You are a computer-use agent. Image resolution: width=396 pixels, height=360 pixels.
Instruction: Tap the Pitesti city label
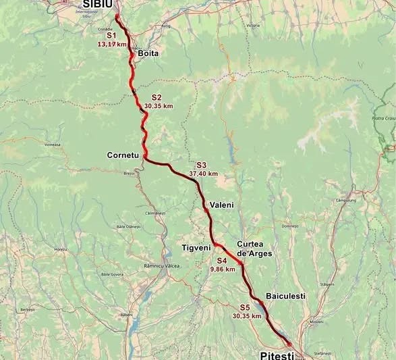[x=277, y=354]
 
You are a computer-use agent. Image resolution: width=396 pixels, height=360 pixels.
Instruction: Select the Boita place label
[x=148, y=53]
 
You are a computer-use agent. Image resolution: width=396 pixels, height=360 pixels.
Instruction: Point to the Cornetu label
[x=123, y=155]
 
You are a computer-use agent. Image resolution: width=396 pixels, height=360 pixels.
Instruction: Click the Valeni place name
[x=222, y=204]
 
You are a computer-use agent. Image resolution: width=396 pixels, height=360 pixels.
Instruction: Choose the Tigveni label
[x=196, y=247]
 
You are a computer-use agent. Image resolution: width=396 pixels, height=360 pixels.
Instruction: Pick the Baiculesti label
[x=286, y=296]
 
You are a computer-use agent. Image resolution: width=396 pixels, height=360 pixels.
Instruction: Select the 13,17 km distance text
[x=112, y=44]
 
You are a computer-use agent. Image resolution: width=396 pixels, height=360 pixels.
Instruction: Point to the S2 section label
[x=157, y=97]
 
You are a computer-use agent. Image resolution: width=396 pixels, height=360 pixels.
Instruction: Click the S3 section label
[x=201, y=165]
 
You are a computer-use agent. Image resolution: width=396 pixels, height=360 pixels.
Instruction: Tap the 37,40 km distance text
[x=204, y=174]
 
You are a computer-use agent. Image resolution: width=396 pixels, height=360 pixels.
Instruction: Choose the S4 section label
[x=222, y=260]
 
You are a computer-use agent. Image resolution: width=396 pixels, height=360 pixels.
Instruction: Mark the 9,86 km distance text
[x=223, y=269]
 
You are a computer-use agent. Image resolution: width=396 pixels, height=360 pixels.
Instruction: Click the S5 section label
[x=245, y=307]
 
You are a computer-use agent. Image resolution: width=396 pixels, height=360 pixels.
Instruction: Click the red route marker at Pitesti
[x=289, y=344]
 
